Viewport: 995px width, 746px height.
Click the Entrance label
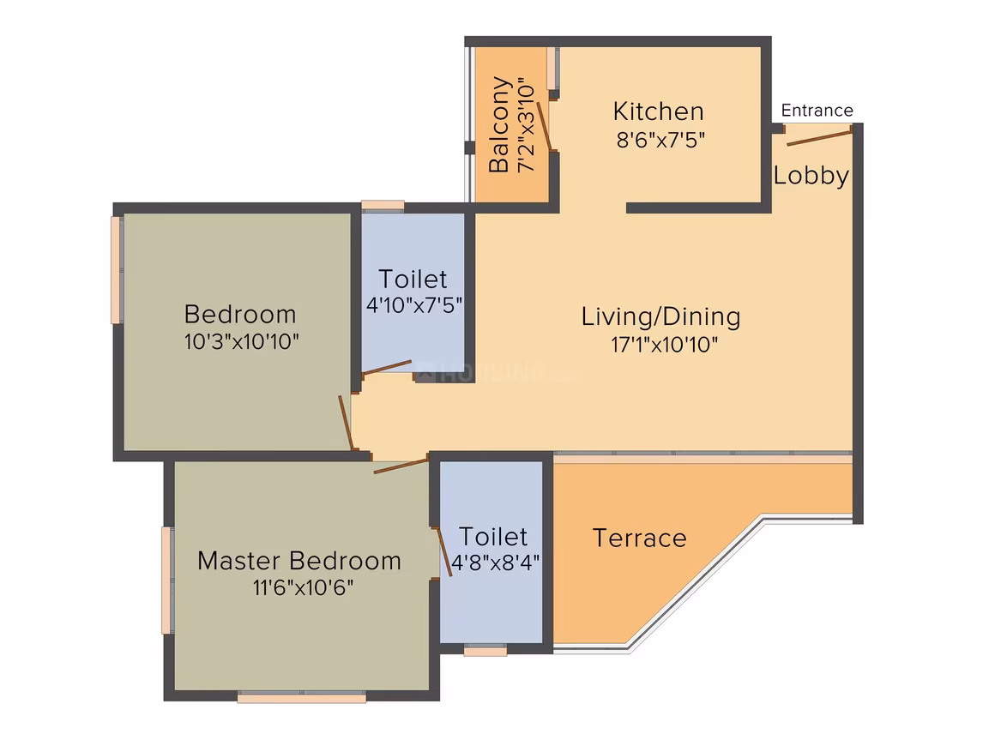(817, 111)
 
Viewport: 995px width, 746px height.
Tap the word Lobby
(811, 175)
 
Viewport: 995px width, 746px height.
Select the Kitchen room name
(658, 111)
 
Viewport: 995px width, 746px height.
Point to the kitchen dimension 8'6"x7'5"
(660, 140)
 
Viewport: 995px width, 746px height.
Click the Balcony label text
(498, 125)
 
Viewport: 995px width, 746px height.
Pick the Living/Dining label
(660, 316)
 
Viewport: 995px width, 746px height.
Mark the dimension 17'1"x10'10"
(665, 345)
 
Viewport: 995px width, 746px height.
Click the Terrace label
(639, 538)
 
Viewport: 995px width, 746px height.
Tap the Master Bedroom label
(299, 561)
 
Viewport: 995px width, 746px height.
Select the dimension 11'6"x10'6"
(304, 587)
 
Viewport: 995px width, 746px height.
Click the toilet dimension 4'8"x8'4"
(495, 562)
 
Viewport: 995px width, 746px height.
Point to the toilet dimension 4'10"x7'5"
(413, 305)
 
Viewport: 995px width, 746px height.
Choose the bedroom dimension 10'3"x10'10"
(241, 341)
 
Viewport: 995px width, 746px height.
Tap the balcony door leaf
(545, 125)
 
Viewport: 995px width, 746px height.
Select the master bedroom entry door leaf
(401, 466)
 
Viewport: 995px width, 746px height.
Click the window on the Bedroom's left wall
(117, 270)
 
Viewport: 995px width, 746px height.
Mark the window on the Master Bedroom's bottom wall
(301, 698)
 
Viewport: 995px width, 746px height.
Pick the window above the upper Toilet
(383, 206)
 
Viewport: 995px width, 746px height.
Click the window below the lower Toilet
(485, 650)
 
